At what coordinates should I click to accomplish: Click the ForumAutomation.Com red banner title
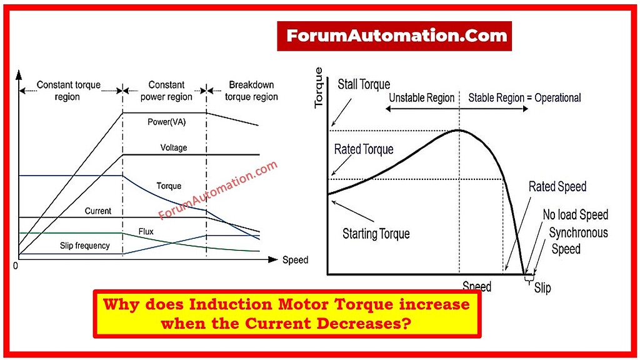[394, 36]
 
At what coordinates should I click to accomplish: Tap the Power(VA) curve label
[167, 122]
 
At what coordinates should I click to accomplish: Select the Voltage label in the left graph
[174, 148]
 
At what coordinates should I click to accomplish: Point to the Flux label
[146, 231]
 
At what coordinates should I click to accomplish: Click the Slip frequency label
[85, 246]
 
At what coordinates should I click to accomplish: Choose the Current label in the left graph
[98, 211]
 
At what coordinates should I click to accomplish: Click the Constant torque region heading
[68, 91]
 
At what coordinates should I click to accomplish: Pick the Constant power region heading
[166, 91]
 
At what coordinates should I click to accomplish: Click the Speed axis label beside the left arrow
[295, 259]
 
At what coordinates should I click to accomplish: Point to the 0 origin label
[16, 266]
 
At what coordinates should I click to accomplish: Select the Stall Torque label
[364, 84]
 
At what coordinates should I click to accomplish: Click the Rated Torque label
[364, 149]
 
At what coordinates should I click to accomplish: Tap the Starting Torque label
[376, 234]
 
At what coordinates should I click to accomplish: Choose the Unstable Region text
[422, 98]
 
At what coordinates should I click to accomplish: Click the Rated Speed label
[557, 187]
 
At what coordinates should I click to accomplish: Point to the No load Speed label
[575, 215]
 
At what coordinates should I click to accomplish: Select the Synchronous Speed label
[578, 241]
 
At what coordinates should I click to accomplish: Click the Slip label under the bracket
[542, 289]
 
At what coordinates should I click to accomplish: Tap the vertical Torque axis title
[319, 88]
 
